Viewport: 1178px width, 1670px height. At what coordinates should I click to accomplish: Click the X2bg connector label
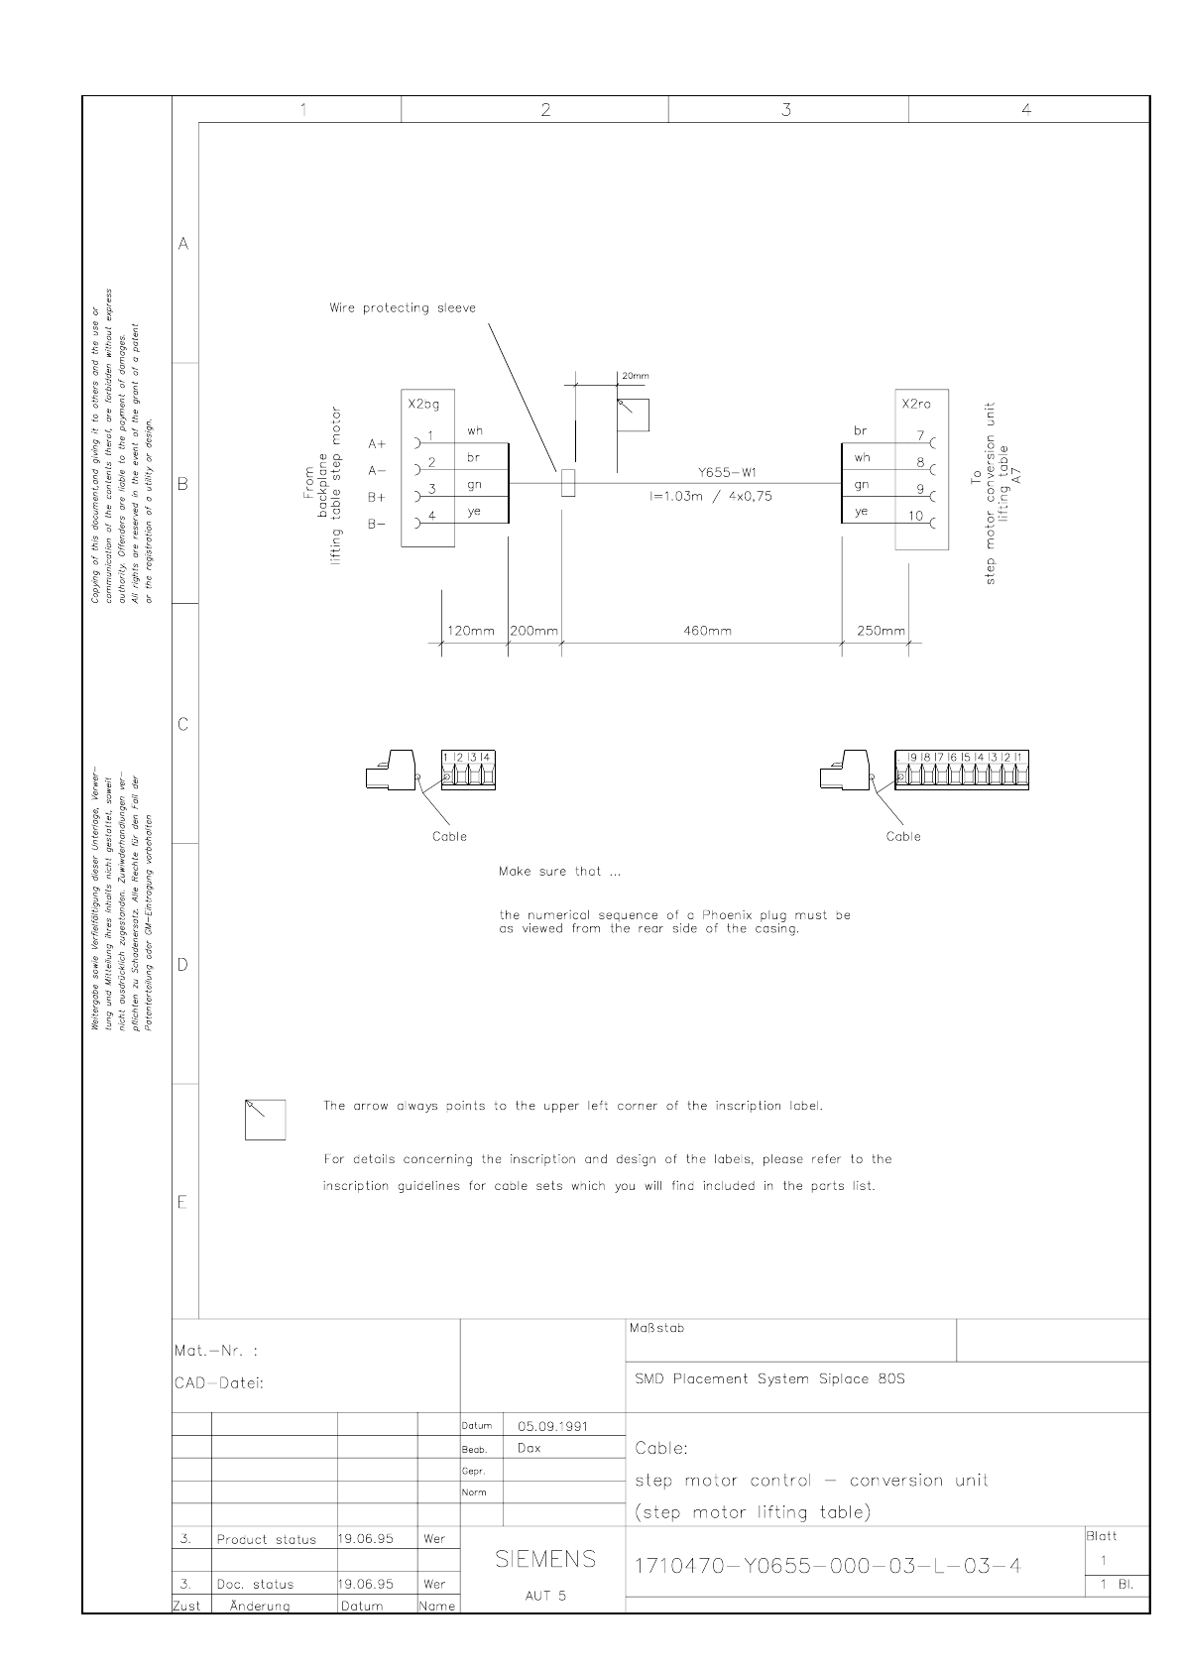click(423, 405)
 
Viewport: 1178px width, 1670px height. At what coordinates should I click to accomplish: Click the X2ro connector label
click(916, 405)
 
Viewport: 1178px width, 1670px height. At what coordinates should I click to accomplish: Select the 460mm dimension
click(707, 631)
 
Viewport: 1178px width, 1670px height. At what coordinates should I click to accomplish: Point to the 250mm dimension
click(881, 631)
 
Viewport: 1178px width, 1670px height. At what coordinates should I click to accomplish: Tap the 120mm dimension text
click(470, 631)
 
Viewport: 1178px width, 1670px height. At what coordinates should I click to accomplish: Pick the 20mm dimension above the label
click(635, 377)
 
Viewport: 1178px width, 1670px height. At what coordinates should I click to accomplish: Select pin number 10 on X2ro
click(915, 516)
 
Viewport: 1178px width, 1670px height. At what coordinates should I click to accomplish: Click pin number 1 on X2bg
click(431, 435)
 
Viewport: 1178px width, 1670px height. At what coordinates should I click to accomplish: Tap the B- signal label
click(377, 524)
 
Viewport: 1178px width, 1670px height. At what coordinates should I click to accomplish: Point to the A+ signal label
click(377, 443)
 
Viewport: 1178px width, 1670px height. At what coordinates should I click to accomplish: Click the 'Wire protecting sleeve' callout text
click(402, 308)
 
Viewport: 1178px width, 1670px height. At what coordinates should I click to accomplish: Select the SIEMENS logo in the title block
click(545, 1559)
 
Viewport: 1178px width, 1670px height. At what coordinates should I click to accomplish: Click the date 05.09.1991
click(552, 1426)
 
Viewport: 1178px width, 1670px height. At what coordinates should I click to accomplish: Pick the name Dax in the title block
click(530, 1448)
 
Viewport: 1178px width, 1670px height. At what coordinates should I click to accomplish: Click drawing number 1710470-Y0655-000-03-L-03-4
click(827, 1566)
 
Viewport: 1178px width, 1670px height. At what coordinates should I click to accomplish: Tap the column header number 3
click(786, 110)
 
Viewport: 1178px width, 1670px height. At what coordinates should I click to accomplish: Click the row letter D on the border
click(183, 964)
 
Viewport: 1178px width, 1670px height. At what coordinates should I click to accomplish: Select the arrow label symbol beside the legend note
click(265, 1120)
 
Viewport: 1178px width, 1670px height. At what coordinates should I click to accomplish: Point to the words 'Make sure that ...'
click(560, 872)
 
